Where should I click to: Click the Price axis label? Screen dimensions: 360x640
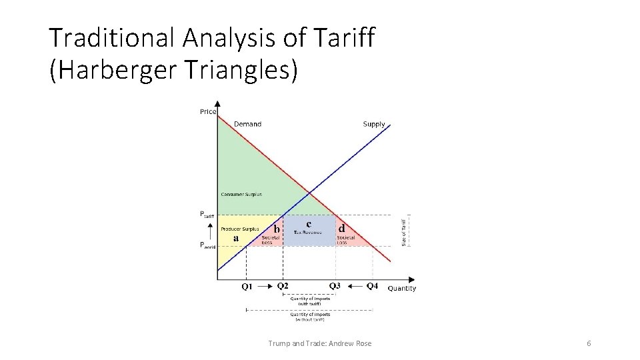[208, 111]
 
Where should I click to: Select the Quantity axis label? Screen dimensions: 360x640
[401, 289]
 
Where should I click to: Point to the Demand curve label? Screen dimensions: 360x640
[247, 124]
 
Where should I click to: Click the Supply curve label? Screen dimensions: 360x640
[374, 124]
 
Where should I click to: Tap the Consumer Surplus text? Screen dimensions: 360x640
[241, 195]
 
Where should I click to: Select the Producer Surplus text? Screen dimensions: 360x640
[240, 229]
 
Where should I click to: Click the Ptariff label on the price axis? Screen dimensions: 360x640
[207, 215]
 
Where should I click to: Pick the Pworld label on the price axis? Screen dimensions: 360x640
[208, 245]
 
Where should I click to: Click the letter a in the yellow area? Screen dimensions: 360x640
[235, 238]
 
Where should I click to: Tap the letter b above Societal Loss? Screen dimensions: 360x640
[276, 229]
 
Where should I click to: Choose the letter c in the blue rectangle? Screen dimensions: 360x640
[309, 223]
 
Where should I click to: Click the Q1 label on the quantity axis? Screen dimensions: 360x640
[247, 287]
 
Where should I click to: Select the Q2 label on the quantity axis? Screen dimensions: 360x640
[283, 286]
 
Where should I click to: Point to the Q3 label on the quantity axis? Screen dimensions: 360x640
[335, 286]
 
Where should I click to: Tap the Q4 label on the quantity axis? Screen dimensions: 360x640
[373, 286]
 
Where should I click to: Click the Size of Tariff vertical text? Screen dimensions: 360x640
[403, 230]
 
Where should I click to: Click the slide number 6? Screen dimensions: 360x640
[589, 343]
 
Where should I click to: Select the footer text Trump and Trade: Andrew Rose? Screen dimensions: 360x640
[320, 343]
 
